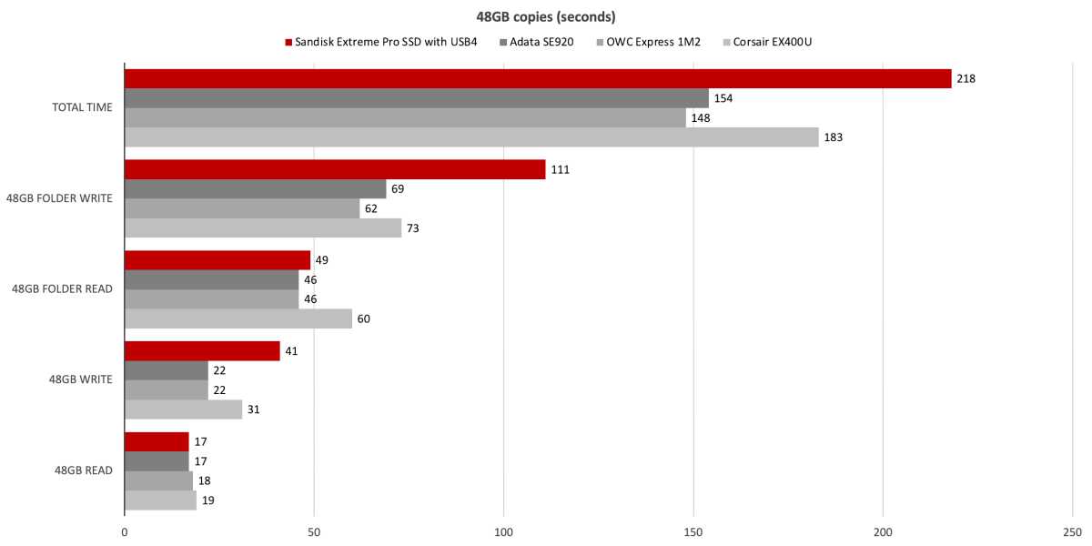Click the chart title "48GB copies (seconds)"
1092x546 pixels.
(546, 17)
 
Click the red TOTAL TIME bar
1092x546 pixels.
(537, 79)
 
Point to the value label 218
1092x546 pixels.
(966, 79)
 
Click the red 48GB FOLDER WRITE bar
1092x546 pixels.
(335, 170)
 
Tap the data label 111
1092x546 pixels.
(560, 170)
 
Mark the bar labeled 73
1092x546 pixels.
(263, 228)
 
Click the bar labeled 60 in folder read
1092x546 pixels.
(238, 318)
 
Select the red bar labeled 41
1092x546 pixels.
(202, 351)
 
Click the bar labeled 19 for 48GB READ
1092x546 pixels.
(160, 500)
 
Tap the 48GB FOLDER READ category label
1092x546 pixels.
(62, 289)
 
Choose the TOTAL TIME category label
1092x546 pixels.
(82, 107)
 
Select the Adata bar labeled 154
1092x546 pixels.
(416, 98)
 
